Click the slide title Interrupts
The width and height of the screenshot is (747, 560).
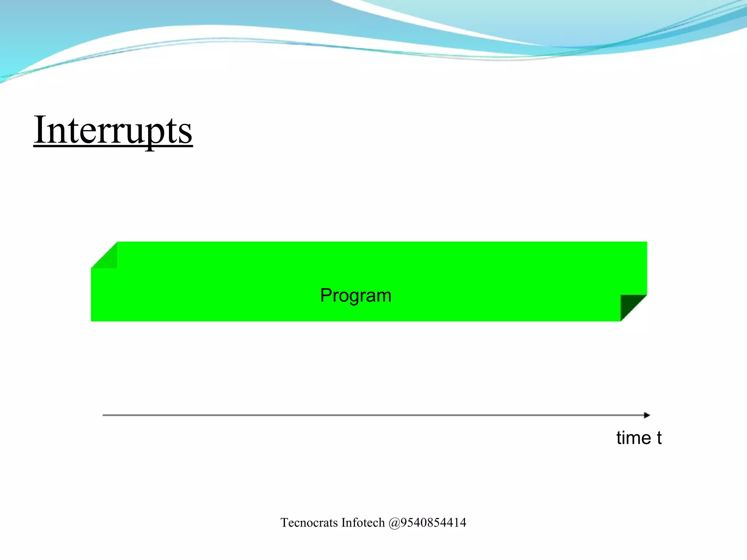[113, 131]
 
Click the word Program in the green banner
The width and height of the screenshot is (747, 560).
[356, 295]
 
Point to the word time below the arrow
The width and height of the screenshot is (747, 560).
[634, 438]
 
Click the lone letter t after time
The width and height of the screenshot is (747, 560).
[659, 438]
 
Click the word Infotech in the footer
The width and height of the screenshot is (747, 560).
[363, 523]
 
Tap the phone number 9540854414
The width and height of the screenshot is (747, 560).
[433, 523]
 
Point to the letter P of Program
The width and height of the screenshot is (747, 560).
[326, 295]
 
